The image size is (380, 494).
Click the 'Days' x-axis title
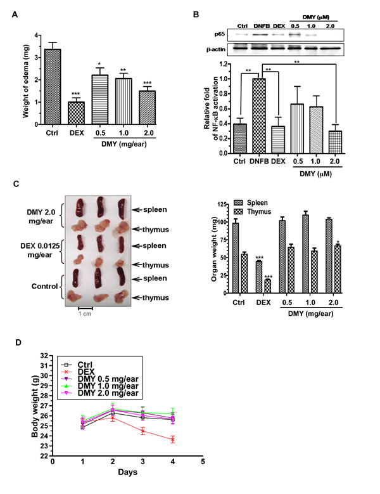click(129, 472)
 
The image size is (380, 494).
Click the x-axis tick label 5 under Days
click(202, 462)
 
